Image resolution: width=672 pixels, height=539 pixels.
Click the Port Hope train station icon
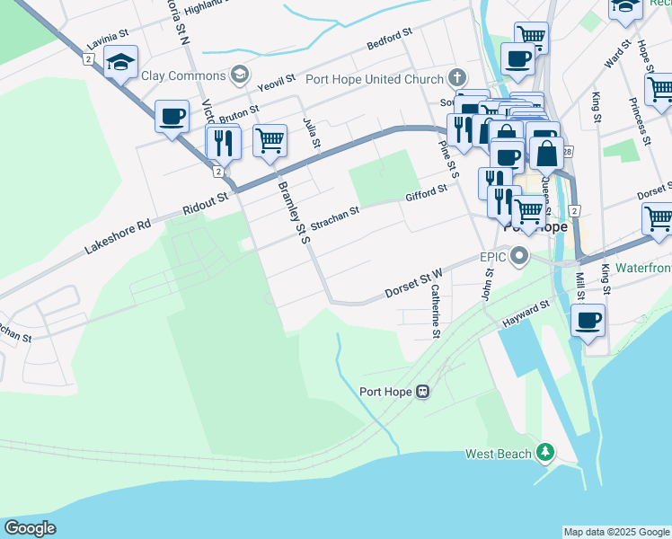click(x=422, y=392)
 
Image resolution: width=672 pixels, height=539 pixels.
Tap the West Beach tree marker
click(x=544, y=453)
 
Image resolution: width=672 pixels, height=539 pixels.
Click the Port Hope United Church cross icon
click(x=456, y=77)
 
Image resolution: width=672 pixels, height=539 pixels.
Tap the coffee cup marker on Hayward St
click(x=588, y=321)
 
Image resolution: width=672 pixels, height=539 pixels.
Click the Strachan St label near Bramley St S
click(x=335, y=216)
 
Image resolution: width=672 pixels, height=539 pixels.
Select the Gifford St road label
click(x=426, y=194)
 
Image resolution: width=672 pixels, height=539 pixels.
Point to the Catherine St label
click(x=435, y=311)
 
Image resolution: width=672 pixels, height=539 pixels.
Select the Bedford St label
click(x=389, y=39)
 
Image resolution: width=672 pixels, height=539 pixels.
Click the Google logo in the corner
click(x=30, y=527)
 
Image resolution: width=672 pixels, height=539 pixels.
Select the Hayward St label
click(x=526, y=314)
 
